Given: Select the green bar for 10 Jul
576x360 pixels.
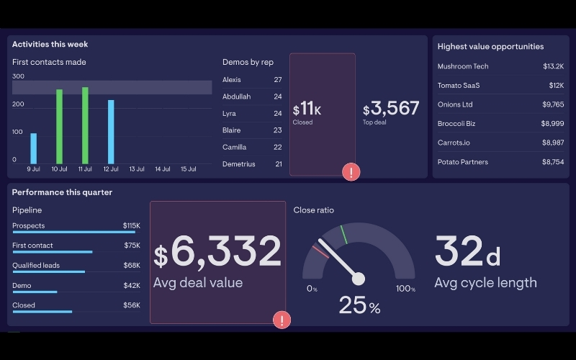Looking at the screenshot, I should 59,127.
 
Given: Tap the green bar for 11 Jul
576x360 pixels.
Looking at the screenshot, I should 85,126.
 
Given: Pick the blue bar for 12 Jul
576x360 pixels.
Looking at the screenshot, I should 111,132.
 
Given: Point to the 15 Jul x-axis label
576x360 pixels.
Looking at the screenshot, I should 188,169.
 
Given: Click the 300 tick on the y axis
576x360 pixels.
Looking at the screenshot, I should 19,76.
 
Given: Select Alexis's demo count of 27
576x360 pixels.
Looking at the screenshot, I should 277,80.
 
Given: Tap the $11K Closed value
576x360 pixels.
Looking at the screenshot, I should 307,110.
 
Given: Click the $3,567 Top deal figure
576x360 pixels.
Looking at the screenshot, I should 391,109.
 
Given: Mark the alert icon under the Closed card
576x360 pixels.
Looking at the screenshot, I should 351,172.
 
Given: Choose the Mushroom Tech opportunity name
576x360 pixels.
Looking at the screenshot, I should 463,66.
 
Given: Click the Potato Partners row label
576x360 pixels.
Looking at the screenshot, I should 463,162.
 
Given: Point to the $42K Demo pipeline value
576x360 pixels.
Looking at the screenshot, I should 131,285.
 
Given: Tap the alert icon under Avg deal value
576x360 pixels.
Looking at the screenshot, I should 282,320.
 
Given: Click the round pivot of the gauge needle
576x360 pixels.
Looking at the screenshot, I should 359,279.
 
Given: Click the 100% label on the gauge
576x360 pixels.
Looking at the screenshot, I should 406,289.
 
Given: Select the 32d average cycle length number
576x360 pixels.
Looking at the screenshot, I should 467,251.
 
